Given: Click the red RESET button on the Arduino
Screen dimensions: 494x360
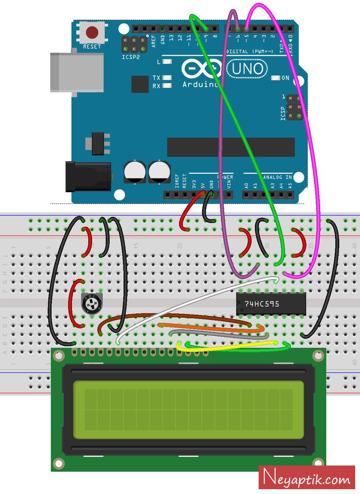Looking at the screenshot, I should [x=92, y=33].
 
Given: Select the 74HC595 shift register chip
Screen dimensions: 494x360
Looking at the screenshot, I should [x=271, y=304].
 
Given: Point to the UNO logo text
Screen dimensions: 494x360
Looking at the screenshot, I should [x=248, y=69].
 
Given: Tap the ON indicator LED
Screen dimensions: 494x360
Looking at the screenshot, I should [x=276, y=78].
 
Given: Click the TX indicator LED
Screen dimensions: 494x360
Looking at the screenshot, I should [x=167, y=78].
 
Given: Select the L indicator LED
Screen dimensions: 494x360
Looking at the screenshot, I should [x=167, y=62].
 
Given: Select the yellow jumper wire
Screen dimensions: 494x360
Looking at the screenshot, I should [x=227, y=344].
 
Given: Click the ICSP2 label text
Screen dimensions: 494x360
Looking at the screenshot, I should [x=130, y=56].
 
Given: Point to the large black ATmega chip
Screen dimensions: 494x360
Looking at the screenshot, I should [x=231, y=147].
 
